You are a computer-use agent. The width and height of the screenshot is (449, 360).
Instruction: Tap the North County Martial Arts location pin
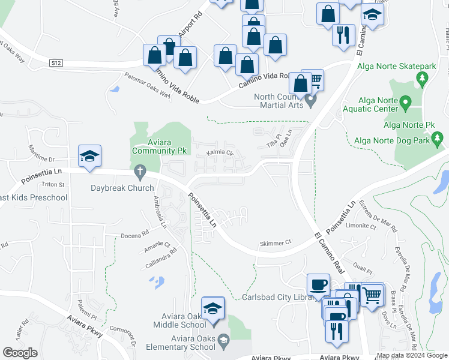(310, 100)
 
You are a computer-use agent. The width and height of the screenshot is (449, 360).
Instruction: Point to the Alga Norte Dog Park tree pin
(439, 140)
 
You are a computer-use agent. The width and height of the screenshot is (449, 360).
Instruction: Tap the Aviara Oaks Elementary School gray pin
(223, 341)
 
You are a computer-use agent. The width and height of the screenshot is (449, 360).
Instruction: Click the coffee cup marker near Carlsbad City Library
(318, 283)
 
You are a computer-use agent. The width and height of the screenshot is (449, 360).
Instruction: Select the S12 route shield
(56, 62)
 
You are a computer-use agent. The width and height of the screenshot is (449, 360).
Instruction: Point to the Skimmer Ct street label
(275, 242)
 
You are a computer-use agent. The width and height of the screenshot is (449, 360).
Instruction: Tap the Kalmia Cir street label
(220, 153)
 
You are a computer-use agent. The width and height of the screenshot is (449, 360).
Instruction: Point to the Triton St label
(53, 184)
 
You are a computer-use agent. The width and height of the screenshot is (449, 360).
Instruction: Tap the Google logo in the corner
(20, 353)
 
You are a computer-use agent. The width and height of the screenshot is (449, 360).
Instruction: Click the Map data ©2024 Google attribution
(411, 355)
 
